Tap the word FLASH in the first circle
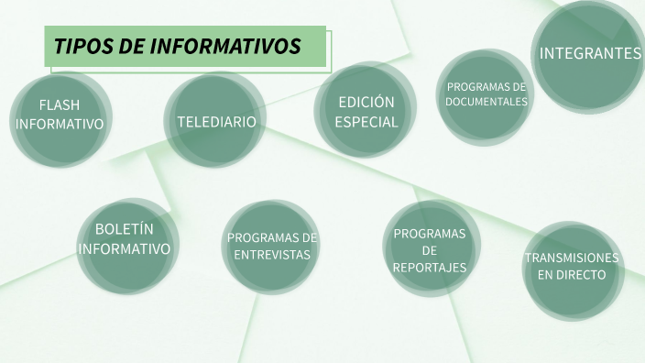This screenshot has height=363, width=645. tap(60, 104)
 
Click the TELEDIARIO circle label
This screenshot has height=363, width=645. tap(216, 121)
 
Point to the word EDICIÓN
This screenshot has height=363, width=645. tap(366, 102)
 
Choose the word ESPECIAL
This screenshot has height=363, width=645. tap(366, 122)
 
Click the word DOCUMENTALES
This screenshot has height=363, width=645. tap(486, 102)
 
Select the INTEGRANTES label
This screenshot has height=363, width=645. tap(590, 53)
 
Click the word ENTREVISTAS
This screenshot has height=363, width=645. tap(272, 255)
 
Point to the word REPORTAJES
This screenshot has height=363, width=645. tap(430, 268)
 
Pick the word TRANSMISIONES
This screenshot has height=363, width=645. tap(572, 258)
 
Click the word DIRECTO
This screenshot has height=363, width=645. tap(584, 275)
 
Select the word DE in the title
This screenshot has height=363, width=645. tap(133, 47)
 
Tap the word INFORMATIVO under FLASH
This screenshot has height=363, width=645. tap(60, 124)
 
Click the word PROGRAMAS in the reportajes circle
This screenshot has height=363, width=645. tap(430, 234)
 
